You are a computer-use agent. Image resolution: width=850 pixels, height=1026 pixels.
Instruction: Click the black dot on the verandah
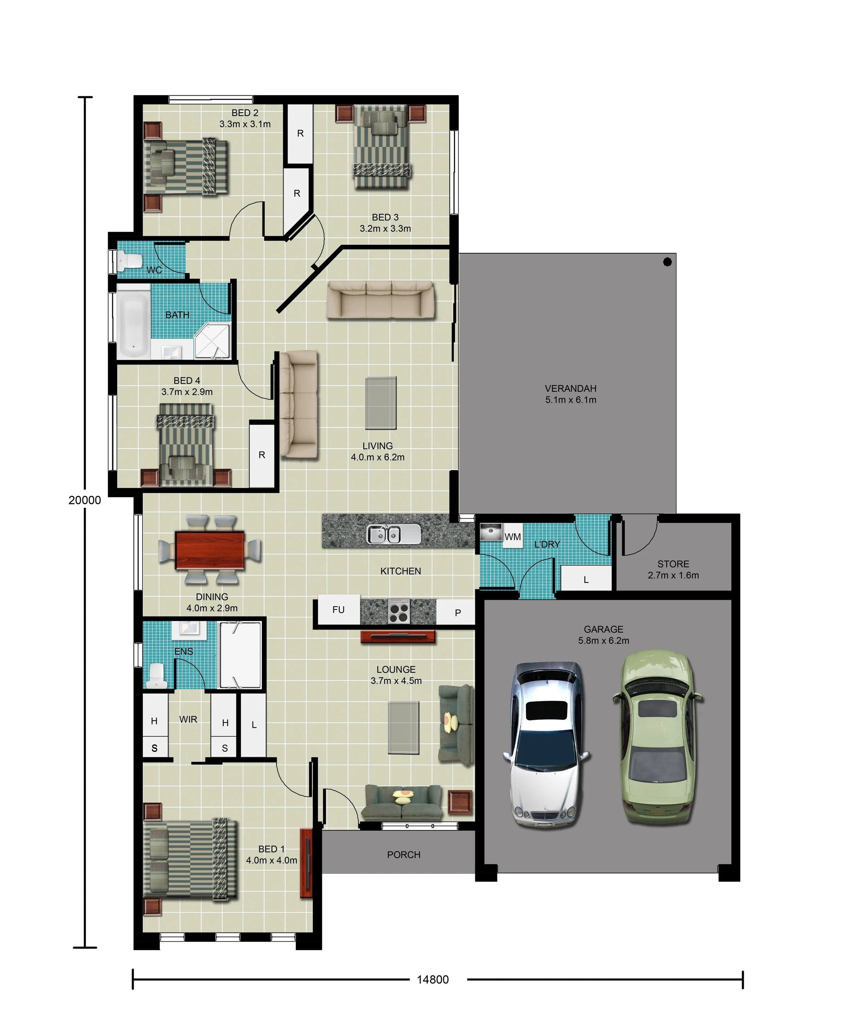coord(667,262)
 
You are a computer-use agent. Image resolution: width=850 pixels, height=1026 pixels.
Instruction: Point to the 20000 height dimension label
coord(85,500)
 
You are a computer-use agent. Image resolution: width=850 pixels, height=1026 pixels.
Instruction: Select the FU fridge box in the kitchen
coord(339,609)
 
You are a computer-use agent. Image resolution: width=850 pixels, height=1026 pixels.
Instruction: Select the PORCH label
coord(404,855)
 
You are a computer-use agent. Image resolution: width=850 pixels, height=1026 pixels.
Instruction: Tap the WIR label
coord(188,719)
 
